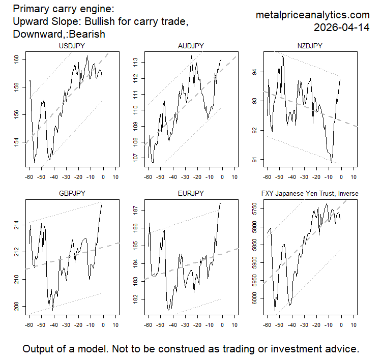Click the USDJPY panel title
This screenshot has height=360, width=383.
(72, 46)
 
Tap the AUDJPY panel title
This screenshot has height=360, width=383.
(191, 46)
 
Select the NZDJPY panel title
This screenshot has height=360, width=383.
(309, 46)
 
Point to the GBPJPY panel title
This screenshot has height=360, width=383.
(72, 194)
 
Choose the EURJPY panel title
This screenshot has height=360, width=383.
(191, 194)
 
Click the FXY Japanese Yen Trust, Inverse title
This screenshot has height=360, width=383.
(309, 194)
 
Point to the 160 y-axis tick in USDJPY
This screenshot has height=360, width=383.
(16, 59)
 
